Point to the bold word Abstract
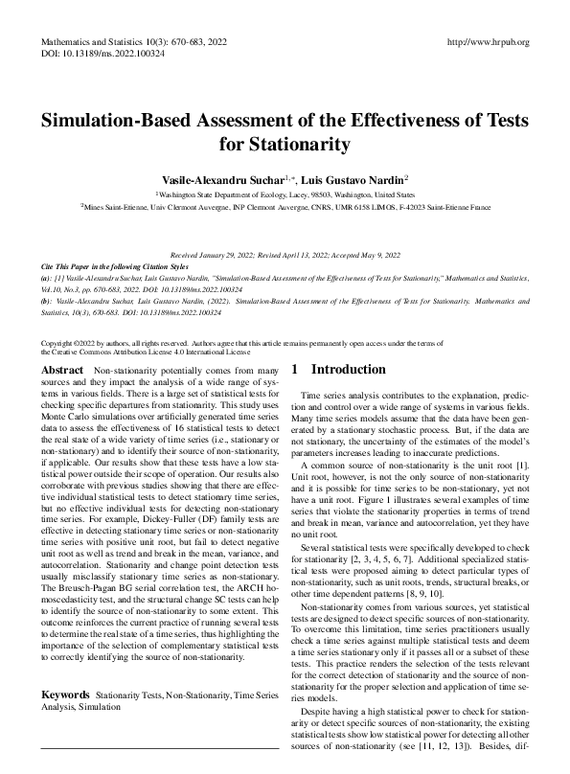[x=63, y=370]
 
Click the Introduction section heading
[x=352, y=369]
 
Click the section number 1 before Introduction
[x=295, y=369]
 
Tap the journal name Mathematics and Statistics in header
[x=99, y=43]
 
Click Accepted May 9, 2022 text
[x=365, y=254]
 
